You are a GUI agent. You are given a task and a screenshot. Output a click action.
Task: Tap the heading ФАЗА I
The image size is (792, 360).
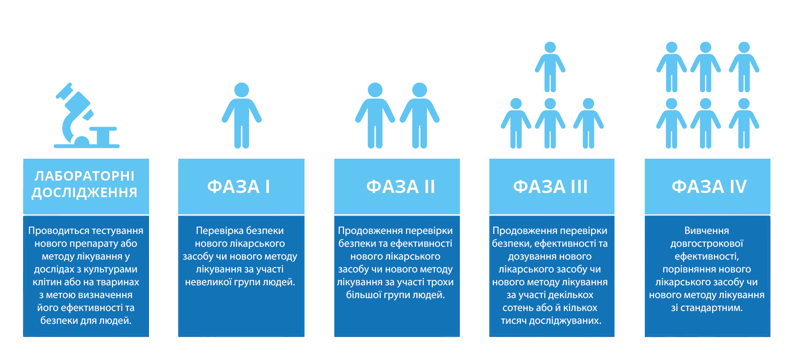click(x=238, y=187)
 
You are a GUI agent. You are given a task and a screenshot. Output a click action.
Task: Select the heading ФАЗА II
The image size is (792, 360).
click(x=400, y=187)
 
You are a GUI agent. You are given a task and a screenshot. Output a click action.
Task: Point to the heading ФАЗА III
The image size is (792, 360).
click(x=550, y=187)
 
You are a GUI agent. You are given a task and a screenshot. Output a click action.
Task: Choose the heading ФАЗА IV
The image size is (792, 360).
click(x=709, y=187)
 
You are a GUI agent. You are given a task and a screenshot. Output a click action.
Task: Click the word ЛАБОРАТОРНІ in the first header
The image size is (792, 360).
click(x=85, y=176)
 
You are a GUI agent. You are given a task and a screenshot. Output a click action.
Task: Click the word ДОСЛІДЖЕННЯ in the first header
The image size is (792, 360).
click(x=85, y=193)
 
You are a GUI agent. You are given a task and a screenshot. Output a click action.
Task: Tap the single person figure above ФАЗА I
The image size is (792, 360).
click(x=242, y=116)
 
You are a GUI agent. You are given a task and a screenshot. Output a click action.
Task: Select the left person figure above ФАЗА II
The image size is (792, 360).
click(x=375, y=116)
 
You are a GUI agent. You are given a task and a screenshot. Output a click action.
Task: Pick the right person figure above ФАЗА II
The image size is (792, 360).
click(x=420, y=116)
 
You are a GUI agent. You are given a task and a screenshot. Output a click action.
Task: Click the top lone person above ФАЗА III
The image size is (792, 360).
click(x=550, y=67)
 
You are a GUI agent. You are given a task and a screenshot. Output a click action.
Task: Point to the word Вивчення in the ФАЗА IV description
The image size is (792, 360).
click(x=707, y=231)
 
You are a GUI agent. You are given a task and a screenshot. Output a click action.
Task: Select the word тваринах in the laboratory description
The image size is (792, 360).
click(x=117, y=282)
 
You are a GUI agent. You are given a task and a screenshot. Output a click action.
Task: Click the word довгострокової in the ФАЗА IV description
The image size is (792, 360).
click(x=707, y=244)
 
